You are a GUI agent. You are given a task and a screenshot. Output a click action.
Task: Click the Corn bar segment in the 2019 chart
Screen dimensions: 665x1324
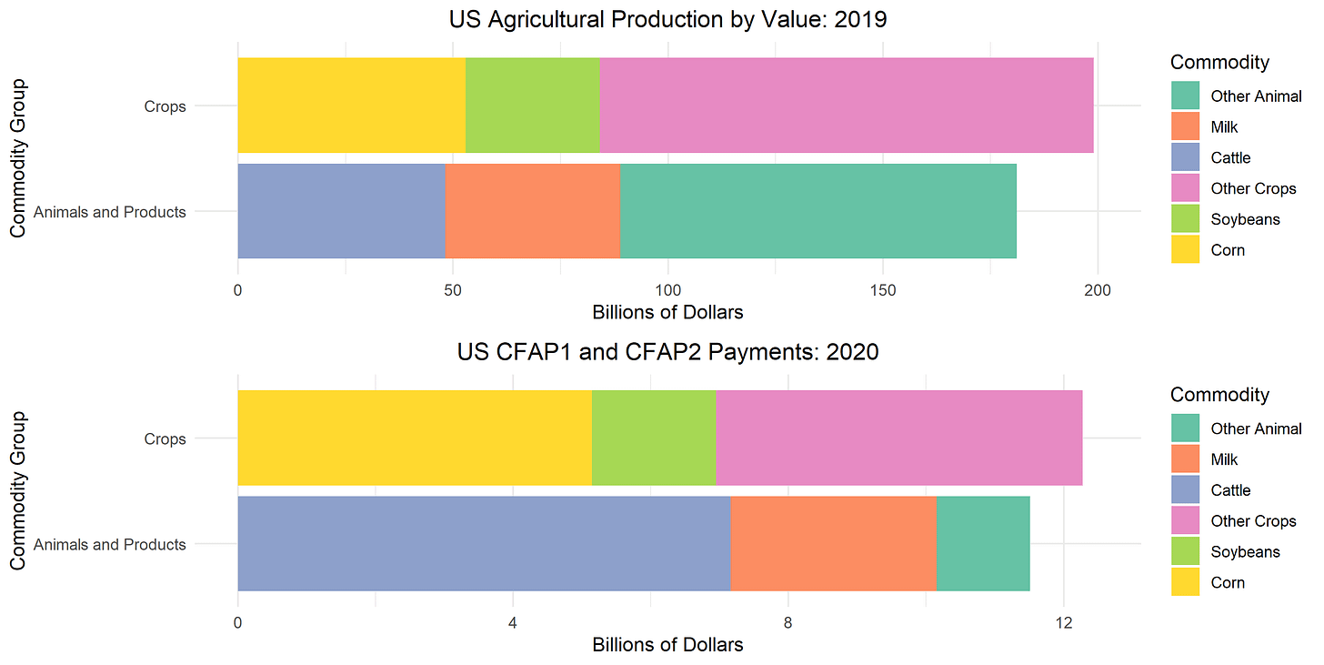click(x=351, y=106)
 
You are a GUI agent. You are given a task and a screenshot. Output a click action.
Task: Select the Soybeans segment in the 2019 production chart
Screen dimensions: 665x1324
click(x=532, y=106)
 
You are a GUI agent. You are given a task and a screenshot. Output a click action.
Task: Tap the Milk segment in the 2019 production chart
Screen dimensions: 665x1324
click(x=532, y=211)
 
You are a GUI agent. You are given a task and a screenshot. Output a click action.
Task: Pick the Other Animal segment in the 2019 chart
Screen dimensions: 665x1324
click(x=817, y=211)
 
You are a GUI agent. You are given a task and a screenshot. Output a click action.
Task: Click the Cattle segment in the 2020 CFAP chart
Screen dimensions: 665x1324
click(x=484, y=544)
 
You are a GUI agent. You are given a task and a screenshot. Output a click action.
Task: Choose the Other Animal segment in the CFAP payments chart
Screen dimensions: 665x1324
click(x=982, y=544)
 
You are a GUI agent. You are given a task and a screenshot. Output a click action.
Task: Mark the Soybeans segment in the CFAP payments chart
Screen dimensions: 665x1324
click(x=653, y=438)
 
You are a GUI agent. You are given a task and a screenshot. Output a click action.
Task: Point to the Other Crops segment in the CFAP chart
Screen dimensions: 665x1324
click(x=898, y=438)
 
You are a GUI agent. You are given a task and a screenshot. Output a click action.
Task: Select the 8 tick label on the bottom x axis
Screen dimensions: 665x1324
click(x=788, y=623)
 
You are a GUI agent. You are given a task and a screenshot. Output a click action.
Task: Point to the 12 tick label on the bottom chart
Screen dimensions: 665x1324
click(x=1063, y=623)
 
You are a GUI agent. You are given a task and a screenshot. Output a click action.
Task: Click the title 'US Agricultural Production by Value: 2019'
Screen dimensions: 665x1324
click(x=667, y=19)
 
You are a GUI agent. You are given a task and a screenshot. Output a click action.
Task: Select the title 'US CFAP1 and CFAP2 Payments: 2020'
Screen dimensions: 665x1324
click(x=667, y=352)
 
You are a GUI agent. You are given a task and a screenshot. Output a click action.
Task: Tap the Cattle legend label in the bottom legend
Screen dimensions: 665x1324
click(x=1230, y=490)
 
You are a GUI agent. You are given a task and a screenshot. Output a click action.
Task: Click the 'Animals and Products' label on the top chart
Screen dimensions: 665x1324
click(x=109, y=212)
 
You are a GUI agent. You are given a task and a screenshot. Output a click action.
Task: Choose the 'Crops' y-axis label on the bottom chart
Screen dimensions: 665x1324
click(x=165, y=438)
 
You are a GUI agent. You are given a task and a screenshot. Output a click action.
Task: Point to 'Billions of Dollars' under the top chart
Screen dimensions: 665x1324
click(x=667, y=313)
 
